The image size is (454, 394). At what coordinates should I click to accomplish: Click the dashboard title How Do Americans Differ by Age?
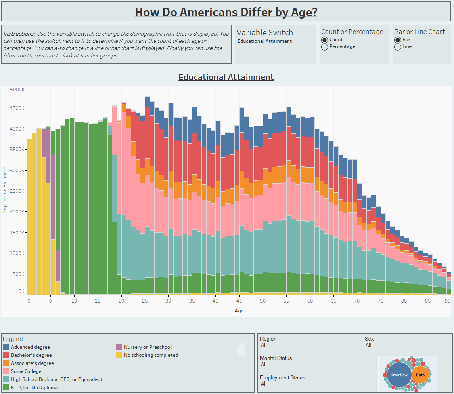(x=226, y=12)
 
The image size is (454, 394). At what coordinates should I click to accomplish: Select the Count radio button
(x=324, y=40)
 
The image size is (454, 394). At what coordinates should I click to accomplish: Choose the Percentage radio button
(x=324, y=47)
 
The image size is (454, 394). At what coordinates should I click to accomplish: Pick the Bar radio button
(x=398, y=40)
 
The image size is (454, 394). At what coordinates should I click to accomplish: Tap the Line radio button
(x=398, y=47)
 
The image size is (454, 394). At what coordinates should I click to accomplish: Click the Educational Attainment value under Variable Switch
(x=264, y=41)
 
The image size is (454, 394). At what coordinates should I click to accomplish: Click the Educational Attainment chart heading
(x=226, y=77)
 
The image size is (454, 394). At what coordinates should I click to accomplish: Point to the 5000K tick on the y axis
(x=17, y=90)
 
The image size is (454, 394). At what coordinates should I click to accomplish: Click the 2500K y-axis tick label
(x=17, y=191)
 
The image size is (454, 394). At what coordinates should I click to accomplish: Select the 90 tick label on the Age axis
(x=448, y=301)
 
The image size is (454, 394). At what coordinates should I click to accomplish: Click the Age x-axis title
(x=239, y=311)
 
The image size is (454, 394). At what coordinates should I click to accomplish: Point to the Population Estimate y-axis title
(x=5, y=190)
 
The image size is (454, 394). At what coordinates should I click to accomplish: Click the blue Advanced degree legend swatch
(x=6, y=347)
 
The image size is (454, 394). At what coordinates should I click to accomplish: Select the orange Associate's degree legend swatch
(x=6, y=363)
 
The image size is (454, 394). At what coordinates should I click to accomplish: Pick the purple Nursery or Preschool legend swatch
(x=119, y=347)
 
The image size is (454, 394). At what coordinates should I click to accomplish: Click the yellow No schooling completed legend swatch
(x=119, y=355)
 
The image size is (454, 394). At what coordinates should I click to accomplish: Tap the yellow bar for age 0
(x=29, y=216)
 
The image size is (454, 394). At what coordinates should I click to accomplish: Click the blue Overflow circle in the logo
(x=399, y=375)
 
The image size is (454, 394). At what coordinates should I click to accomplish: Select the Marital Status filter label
(x=276, y=358)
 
